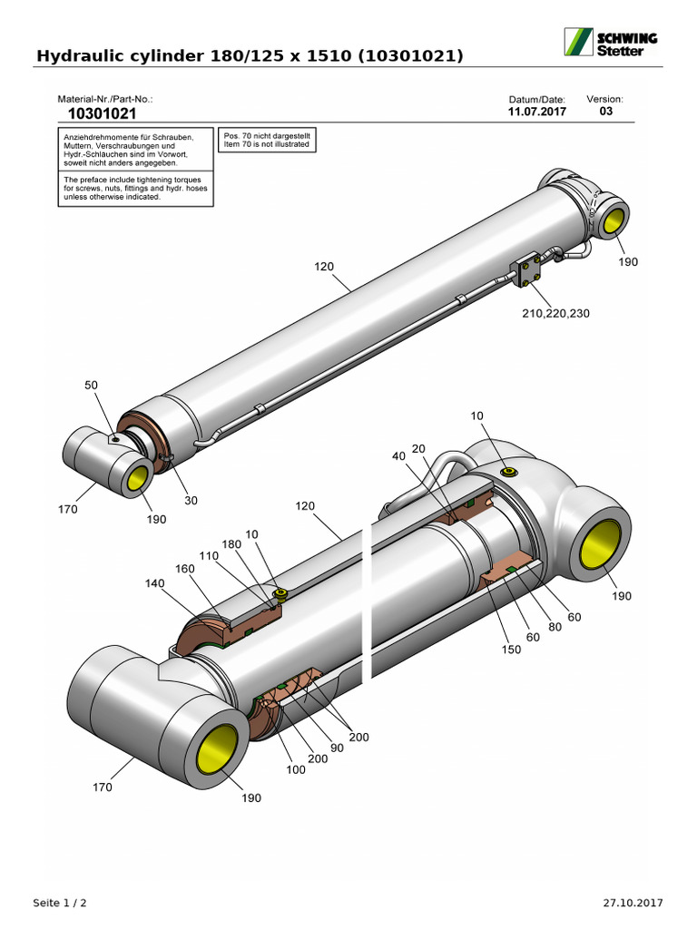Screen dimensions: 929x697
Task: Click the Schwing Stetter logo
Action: coord(612,43)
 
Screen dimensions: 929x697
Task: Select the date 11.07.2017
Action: coord(536,112)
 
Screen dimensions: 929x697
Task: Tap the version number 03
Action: coord(605,112)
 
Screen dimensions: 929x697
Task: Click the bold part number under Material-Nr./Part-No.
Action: coord(103,114)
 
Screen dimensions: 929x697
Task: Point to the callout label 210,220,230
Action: coord(555,314)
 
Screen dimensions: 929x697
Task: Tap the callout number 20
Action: coord(418,449)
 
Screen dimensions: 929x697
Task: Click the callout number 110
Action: coord(210,556)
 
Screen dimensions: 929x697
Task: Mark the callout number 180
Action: coord(232,543)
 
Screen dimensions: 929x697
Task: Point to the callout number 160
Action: coord(185,570)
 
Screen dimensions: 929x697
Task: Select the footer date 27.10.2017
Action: coord(633,903)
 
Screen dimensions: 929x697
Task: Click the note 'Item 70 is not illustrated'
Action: coord(267,145)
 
